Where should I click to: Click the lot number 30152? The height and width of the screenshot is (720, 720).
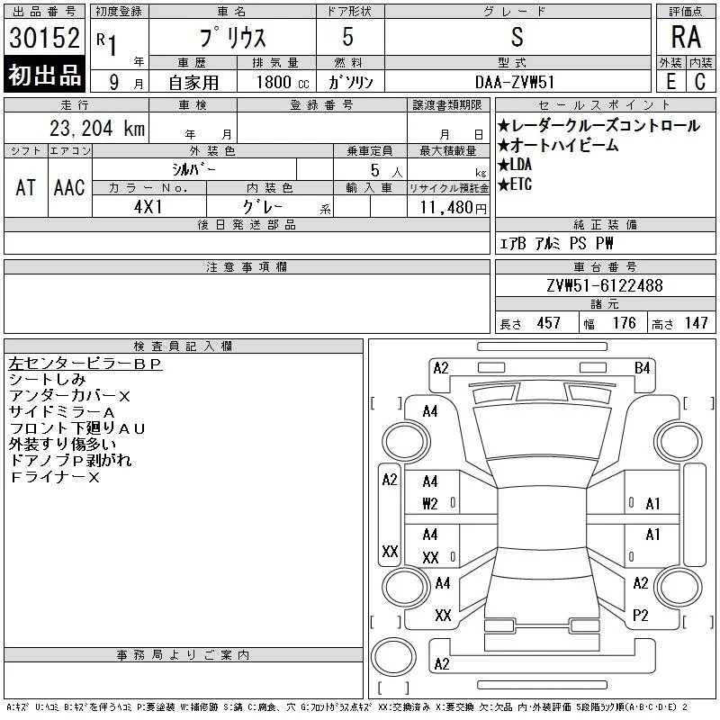(x=44, y=38)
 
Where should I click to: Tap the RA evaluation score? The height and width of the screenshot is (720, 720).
(x=686, y=37)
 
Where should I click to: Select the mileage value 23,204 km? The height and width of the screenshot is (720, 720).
(x=97, y=129)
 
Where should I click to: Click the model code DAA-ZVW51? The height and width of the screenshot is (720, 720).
(x=514, y=83)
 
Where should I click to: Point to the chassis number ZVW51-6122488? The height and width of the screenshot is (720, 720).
(x=605, y=285)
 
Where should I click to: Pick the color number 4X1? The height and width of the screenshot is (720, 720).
(x=148, y=207)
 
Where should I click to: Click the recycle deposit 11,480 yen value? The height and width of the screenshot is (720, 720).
(x=454, y=208)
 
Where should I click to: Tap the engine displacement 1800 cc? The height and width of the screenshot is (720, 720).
(x=283, y=83)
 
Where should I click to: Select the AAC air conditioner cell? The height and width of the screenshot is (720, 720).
(x=69, y=187)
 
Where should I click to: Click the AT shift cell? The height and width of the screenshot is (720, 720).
(x=26, y=187)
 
